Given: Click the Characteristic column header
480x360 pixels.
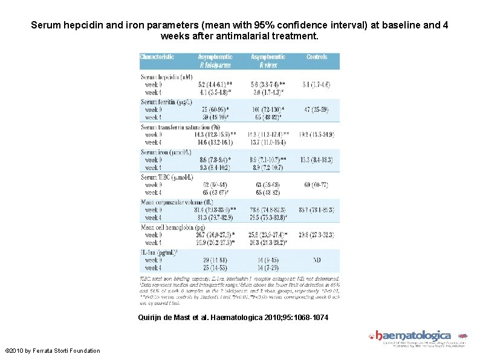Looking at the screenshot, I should (x=157, y=57).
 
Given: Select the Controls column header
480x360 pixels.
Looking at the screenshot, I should (x=316, y=57).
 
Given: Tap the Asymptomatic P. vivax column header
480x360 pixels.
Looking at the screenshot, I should (x=268, y=61).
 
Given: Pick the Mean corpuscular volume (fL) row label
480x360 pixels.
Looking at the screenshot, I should (x=177, y=201).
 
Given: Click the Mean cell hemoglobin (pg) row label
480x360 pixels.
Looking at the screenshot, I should (x=174, y=226).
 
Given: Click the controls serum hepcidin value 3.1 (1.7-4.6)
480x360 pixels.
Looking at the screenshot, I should (x=316, y=85).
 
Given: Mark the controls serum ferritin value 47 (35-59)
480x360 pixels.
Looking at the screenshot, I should (x=316, y=110).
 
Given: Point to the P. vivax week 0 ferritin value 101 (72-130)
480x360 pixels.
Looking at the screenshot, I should (x=267, y=110).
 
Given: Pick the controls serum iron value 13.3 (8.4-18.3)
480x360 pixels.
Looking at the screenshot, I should (x=316, y=159).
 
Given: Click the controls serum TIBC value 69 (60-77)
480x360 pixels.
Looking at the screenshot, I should (x=316, y=184).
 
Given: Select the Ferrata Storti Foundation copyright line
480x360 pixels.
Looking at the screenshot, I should (x=53, y=350).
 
